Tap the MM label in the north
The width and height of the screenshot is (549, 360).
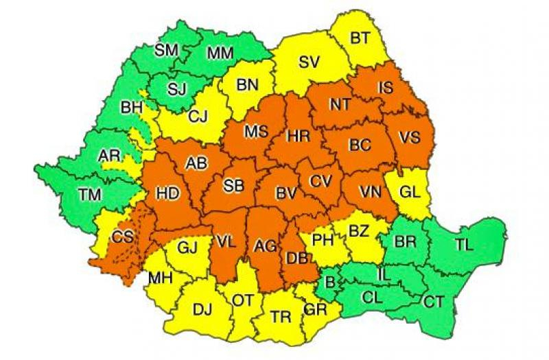pos(220,53)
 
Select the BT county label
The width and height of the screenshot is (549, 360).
pos(360,38)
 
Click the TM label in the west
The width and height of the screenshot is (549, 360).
pos(89,194)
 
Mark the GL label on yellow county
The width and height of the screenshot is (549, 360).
pos(410,192)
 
